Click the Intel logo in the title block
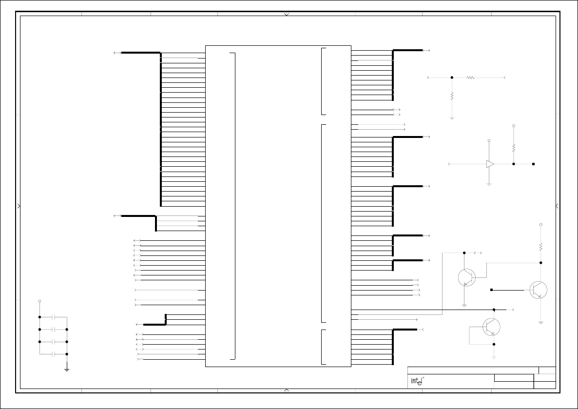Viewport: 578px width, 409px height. (x=418, y=381)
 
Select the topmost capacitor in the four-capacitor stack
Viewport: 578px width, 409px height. (x=54, y=317)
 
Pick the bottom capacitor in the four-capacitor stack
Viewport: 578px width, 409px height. (x=54, y=354)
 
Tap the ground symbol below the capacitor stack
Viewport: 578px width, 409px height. (x=67, y=369)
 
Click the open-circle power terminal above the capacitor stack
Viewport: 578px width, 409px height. (x=40, y=301)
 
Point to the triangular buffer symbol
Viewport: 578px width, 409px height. (x=490, y=164)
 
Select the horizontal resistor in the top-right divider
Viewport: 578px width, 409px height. (x=470, y=78)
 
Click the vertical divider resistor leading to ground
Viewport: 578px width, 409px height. (x=452, y=96)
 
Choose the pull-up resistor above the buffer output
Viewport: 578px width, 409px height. (x=514, y=148)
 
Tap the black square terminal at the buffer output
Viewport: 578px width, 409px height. (x=533, y=164)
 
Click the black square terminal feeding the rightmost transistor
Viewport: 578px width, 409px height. (x=491, y=290)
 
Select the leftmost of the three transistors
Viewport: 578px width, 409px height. (x=467, y=277)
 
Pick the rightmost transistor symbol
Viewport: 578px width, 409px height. (x=538, y=290)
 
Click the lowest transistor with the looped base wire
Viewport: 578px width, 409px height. (x=491, y=327)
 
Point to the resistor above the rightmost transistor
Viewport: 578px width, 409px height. (x=541, y=246)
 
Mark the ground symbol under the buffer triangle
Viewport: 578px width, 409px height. (x=489, y=184)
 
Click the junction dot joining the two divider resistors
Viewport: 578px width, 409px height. (x=452, y=78)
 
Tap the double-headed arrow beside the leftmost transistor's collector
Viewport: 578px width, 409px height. (x=478, y=253)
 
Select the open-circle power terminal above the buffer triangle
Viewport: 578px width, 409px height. (x=489, y=140)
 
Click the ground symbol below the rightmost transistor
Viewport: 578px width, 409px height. (x=541, y=323)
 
